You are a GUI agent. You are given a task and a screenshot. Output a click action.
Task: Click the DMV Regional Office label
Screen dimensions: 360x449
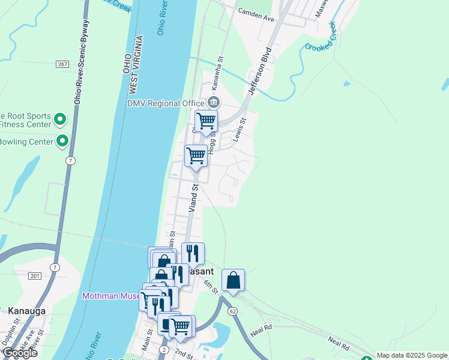pos(161,103)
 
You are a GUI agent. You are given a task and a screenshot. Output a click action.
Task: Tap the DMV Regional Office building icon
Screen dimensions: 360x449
pos(213,103)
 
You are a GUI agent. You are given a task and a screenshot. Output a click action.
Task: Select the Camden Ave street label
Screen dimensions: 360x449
pos(256,15)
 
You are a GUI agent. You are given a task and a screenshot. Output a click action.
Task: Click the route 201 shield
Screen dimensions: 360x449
pos(34,275)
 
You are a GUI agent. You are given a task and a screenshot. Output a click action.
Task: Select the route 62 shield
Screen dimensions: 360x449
pos(232,311)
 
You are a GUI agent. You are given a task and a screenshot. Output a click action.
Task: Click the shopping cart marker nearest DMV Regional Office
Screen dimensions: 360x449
pos(206,122)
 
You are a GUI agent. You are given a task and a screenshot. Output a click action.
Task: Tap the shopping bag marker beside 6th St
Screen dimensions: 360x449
pos(233,280)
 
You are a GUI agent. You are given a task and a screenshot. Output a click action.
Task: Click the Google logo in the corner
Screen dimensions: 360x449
pos(19,353)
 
